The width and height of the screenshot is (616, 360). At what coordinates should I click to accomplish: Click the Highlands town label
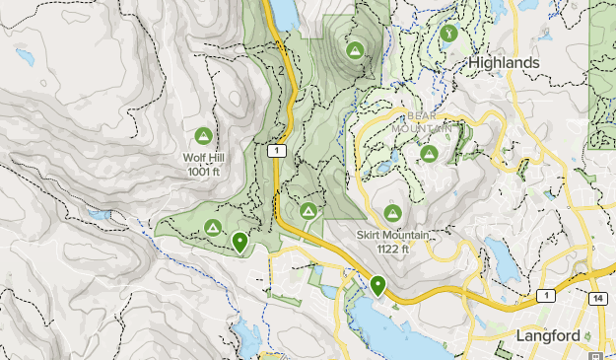tap(504, 62)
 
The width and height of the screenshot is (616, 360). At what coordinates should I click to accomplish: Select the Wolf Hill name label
tap(204, 157)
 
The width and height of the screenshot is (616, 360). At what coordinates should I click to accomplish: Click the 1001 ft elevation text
tap(204, 171)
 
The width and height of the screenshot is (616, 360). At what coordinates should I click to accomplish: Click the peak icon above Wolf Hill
tap(204, 135)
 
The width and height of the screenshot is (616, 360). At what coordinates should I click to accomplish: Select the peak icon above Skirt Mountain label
tap(392, 214)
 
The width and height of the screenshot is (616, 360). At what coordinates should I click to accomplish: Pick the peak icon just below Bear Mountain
tap(429, 153)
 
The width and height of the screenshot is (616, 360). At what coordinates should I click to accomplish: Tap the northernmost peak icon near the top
tap(353, 47)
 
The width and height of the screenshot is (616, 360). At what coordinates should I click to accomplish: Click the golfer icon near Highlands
tap(449, 33)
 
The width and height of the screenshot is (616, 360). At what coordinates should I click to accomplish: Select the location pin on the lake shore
tap(377, 285)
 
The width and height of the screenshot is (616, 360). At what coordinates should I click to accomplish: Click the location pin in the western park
tap(240, 241)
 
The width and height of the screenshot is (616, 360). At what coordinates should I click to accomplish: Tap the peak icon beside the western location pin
tap(211, 229)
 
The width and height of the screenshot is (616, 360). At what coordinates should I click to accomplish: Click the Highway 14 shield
tap(596, 297)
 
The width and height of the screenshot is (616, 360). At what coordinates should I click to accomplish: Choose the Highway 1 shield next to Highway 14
tap(545, 295)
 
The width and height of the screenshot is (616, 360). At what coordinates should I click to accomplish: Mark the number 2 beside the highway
tap(281, 71)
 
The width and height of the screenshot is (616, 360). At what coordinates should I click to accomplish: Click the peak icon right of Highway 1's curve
tap(308, 210)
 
